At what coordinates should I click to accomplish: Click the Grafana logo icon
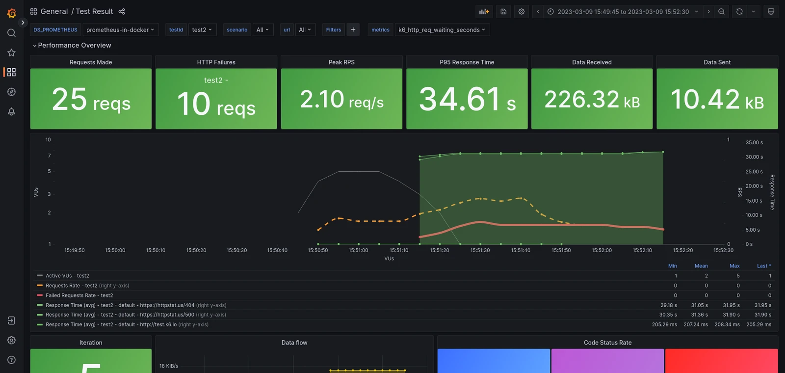11,13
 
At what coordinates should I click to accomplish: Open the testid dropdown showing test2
202,30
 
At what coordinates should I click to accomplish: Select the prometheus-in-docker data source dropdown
120,30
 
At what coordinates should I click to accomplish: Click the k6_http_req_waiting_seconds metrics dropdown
442,30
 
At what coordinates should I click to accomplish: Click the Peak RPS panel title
341,62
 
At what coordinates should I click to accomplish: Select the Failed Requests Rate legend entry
79,295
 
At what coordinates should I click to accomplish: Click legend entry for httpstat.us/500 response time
120,315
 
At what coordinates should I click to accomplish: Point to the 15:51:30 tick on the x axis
480,250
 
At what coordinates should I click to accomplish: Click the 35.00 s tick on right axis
754,143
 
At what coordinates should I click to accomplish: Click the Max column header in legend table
734,266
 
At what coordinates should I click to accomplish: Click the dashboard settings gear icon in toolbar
522,12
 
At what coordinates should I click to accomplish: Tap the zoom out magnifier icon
721,12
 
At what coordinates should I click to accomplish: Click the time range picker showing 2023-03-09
623,12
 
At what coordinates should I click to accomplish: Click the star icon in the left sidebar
11,53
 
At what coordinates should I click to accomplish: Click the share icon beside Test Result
122,12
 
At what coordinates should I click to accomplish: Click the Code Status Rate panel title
607,343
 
